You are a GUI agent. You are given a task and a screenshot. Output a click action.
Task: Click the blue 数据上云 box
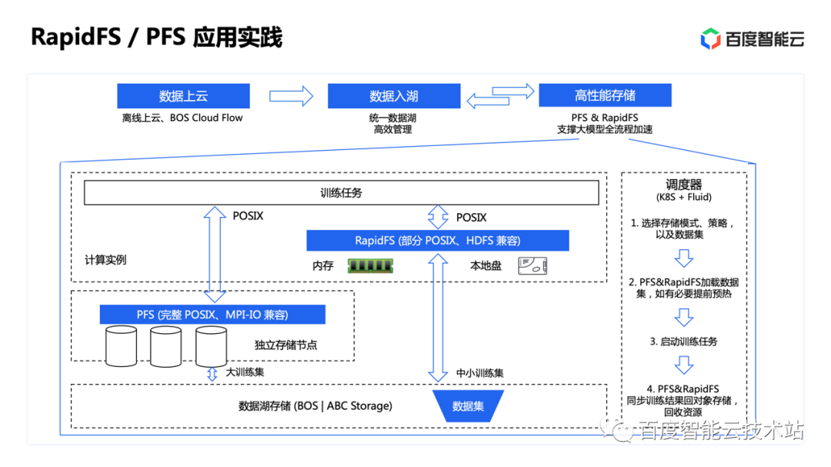pos(183,96)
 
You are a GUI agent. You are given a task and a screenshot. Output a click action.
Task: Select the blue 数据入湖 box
pos(393,96)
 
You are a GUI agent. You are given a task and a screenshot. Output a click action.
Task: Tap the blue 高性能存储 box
pos(605,95)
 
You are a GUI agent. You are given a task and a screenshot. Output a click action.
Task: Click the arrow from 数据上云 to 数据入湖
pos(291,96)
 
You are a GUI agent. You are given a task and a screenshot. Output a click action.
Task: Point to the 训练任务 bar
pos(341,193)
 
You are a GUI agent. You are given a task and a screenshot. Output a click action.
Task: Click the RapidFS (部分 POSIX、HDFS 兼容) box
pos(437,241)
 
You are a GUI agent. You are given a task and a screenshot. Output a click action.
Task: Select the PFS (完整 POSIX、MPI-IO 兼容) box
pos(212,315)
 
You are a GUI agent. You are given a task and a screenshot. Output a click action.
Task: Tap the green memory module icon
pos(370,265)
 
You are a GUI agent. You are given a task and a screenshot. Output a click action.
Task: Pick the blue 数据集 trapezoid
pos(468,405)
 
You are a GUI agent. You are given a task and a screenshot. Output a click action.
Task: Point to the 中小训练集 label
pos(479,373)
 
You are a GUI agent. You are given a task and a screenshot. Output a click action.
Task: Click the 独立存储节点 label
pos(285,345)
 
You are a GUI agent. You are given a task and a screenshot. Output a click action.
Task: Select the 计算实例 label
pos(105,260)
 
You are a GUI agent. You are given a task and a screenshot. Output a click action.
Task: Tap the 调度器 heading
pos(683,185)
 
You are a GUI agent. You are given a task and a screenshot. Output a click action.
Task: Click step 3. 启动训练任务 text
pos(683,341)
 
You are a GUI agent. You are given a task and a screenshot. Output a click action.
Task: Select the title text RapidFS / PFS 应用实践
pos(156,37)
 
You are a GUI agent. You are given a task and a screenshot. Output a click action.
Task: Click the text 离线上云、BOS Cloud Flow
pos(182,118)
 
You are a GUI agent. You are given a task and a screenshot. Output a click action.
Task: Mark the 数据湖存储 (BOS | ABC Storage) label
pos(315,405)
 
